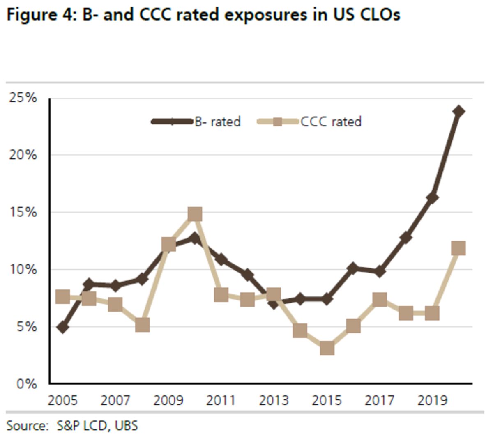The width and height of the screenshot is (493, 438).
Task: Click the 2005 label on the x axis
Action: click(x=62, y=400)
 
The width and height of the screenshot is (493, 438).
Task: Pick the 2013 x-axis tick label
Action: click(x=274, y=400)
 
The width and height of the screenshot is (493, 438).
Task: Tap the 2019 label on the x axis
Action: click(x=432, y=400)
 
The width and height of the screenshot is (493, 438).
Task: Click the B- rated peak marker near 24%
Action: click(x=458, y=111)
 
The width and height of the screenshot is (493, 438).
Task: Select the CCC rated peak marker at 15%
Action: click(x=195, y=214)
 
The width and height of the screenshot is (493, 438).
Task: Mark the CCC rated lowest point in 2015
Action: click(x=327, y=348)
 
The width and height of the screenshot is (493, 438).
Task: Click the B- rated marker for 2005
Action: click(x=62, y=327)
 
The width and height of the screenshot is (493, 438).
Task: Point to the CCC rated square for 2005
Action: click(x=62, y=296)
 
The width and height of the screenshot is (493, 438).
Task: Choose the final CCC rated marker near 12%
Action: click(x=458, y=248)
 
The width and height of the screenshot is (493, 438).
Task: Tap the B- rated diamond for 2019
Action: click(x=432, y=197)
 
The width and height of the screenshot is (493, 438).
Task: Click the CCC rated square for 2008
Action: click(x=142, y=325)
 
